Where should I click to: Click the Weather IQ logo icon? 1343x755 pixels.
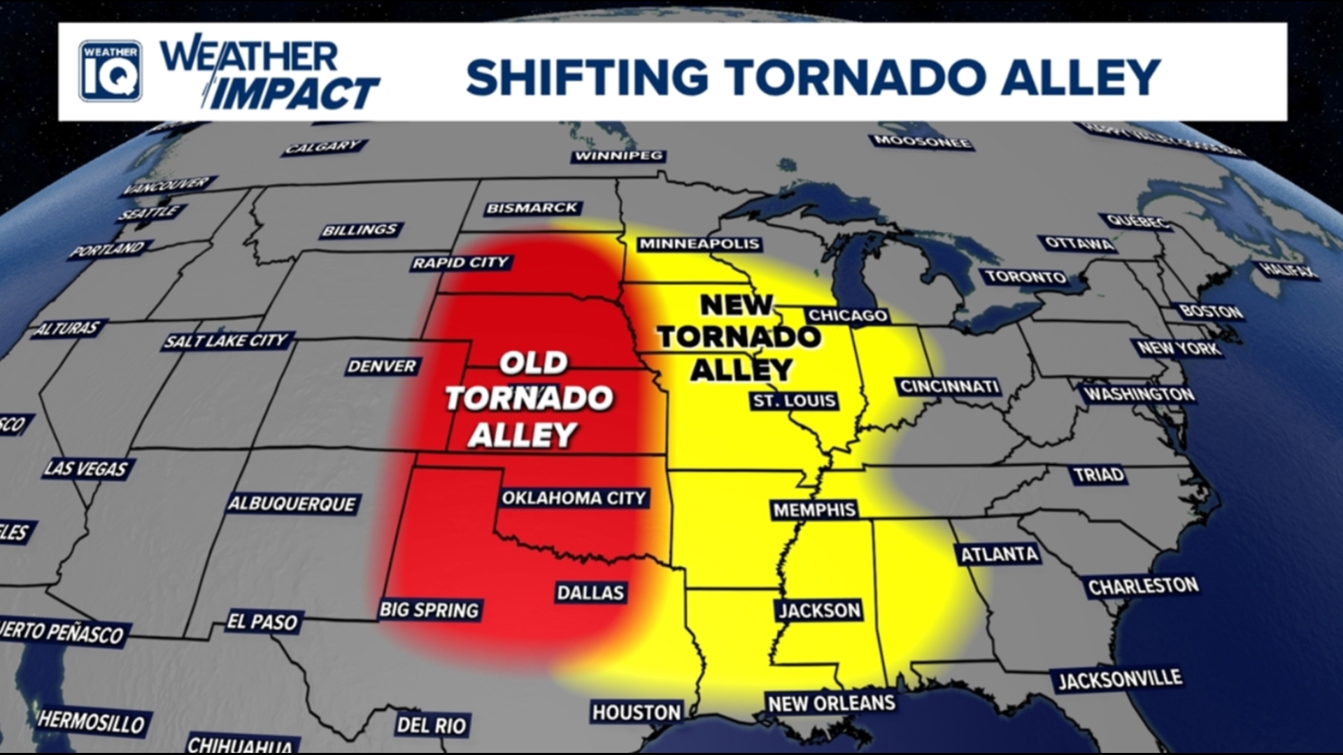click(111, 71)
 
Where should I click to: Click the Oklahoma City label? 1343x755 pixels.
click(574, 498)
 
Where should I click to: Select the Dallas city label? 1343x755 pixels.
click(590, 592)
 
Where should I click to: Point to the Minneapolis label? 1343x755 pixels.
click(699, 243)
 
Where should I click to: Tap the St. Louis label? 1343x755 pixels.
click(794, 401)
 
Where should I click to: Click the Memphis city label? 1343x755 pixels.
click(814, 510)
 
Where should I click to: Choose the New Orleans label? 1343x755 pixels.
click(831, 703)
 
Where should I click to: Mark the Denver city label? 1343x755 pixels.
click(382, 366)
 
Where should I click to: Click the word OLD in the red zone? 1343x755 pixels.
click(533, 363)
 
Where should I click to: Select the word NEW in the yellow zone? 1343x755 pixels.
click(737, 305)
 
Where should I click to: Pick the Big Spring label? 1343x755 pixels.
click(429, 610)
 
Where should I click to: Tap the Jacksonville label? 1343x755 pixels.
click(1119, 679)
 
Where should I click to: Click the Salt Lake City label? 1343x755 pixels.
click(226, 340)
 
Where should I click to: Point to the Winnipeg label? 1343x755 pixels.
click(618, 155)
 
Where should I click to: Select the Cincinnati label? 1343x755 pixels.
click(948, 387)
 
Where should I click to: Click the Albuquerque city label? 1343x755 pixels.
click(292, 503)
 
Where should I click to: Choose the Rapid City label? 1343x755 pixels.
click(460, 263)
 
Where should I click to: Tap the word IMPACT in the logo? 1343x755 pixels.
click(294, 94)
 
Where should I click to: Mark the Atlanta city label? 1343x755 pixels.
click(999, 554)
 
